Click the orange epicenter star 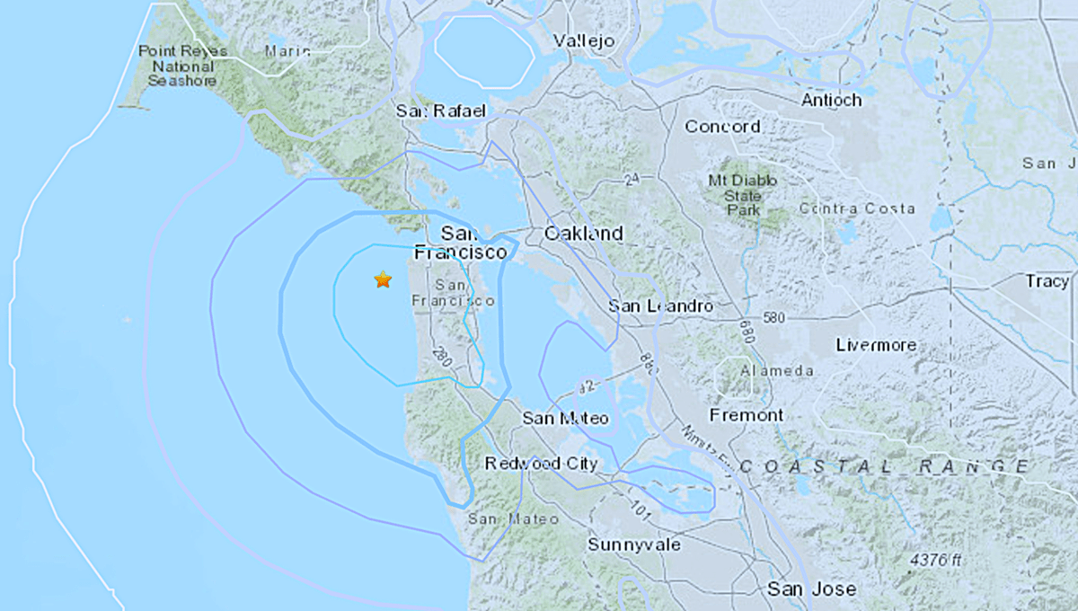click(x=383, y=279)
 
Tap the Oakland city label click(x=583, y=234)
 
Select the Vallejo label click(x=583, y=41)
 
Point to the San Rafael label click(x=440, y=111)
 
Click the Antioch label click(x=832, y=100)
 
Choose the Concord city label click(x=722, y=127)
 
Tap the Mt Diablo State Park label click(x=745, y=195)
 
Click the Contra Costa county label click(x=859, y=208)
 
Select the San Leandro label click(x=660, y=306)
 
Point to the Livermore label click(x=876, y=345)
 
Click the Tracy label click(x=1047, y=281)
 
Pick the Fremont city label click(x=747, y=415)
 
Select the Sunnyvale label click(x=633, y=545)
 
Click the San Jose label click(x=811, y=589)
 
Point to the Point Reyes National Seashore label click(x=177, y=66)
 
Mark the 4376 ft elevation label click(x=935, y=560)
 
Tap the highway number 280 click(x=440, y=354)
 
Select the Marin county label click(x=287, y=51)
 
